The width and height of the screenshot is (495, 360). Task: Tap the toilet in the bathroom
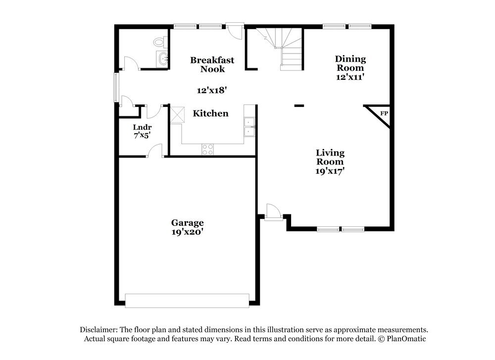[159, 43]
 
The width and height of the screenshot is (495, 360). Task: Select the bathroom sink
[162, 59]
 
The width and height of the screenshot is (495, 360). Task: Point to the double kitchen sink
[249, 127]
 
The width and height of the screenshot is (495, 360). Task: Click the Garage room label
[188, 223]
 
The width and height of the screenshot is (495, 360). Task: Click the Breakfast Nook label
[212, 64]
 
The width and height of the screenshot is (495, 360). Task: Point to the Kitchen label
[210, 113]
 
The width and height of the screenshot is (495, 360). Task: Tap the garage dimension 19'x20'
[188, 231]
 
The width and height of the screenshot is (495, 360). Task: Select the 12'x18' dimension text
[212, 90]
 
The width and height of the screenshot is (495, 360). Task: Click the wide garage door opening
[187, 300]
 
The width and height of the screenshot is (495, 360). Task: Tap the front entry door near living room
[272, 211]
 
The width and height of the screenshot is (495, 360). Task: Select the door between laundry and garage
[156, 151]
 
